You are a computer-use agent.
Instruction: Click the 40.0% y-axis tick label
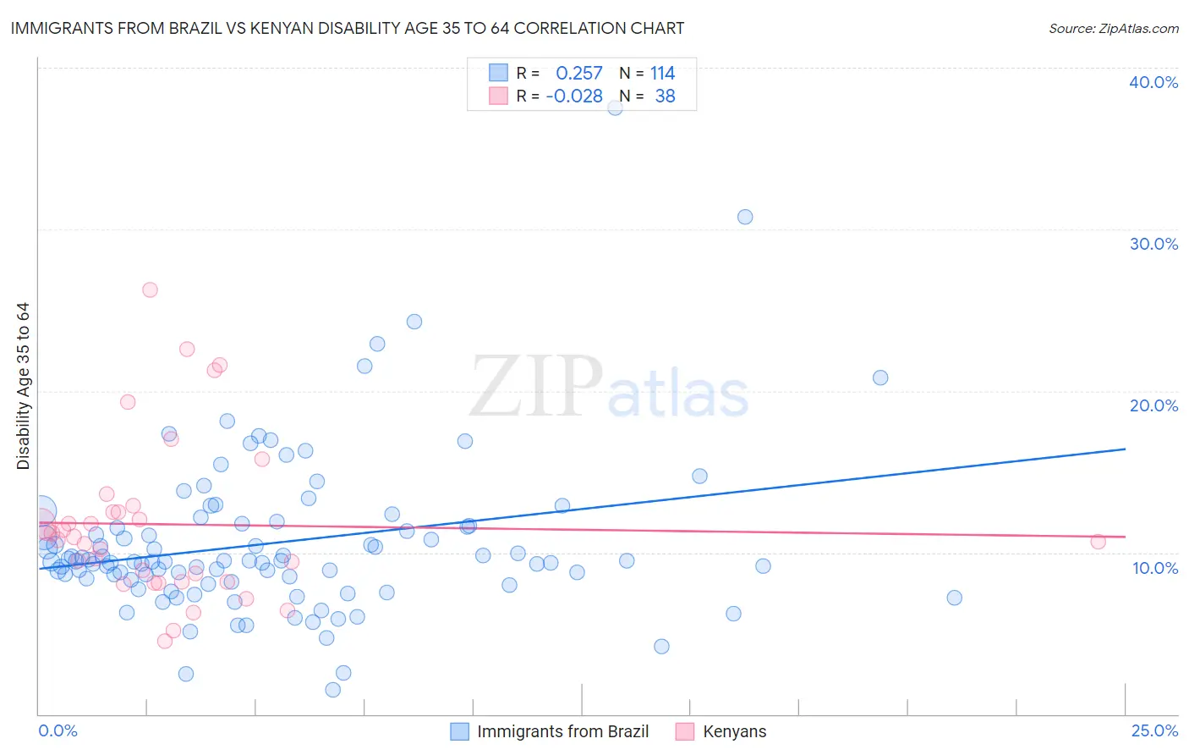tap(1153, 82)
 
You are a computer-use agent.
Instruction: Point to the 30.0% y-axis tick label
tap(1153, 244)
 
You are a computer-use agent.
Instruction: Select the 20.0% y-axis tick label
tap(1153, 405)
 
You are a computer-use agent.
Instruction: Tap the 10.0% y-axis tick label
tap(1154, 568)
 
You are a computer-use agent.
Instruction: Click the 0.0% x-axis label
tap(58, 730)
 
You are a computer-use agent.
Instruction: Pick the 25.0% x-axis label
tap(1154, 730)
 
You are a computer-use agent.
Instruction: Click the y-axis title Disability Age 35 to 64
tap(23, 386)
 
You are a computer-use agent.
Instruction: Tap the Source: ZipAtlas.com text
tap(1113, 28)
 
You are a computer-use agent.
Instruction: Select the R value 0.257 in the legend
tap(578, 74)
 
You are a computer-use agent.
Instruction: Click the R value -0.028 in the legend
tap(574, 96)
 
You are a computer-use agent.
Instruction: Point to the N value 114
tap(662, 74)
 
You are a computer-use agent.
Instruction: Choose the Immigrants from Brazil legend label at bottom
tap(562, 731)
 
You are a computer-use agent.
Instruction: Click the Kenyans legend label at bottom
tap(734, 731)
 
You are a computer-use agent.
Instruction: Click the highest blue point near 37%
tap(615, 107)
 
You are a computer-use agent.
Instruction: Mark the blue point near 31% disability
tap(745, 217)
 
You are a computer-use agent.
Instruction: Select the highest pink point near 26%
tap(150, 289)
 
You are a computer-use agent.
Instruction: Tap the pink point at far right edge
tap(1098, 542)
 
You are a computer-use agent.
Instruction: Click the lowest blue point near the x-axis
tap(332, 690)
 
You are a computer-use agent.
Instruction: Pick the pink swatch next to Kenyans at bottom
tap(684, 731)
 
